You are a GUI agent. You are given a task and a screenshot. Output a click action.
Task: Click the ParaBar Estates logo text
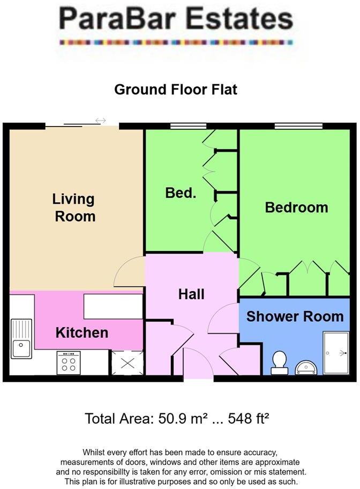tap(176, 20)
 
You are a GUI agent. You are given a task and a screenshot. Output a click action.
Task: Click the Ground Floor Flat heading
tap(175, 89)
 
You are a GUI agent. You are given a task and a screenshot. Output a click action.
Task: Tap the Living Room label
tap(73, 208)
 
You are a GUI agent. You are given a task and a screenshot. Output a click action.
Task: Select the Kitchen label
tap(82, 332)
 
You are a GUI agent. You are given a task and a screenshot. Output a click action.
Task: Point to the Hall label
tap(191, 294)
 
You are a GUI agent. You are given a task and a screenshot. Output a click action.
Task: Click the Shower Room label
tap(295, 316)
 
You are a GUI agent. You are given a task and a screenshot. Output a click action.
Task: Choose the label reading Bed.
tap(181, 193)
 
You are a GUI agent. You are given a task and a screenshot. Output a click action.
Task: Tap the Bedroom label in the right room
tap(296, 207)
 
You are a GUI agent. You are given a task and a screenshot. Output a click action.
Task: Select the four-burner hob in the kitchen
tap(69, 363)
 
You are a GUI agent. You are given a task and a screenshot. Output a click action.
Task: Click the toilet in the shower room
tap(279, 362)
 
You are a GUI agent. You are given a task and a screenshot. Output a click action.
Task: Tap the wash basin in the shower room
tap(306, 367)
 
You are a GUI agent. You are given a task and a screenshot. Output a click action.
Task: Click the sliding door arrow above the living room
tap(100, 121)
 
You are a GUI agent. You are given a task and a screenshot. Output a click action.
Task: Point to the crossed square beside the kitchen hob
tap(127, 362)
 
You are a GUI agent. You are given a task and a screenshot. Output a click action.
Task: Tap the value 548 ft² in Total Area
tap(250, 418)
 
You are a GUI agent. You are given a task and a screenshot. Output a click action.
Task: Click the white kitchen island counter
tap(113, 306)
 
